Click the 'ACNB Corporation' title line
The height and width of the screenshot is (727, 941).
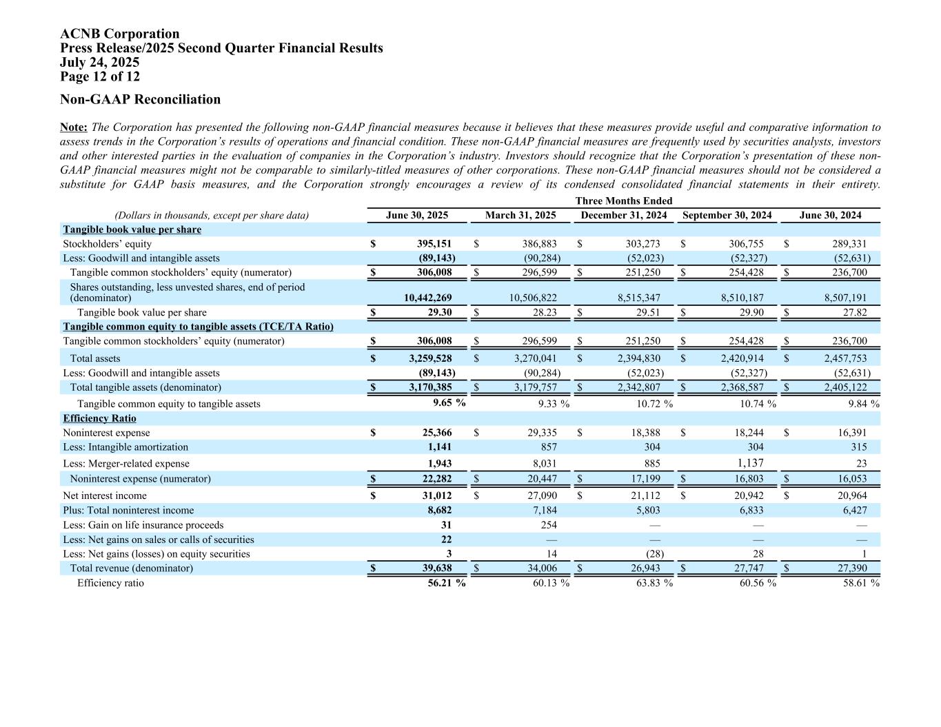[x=119, y=34]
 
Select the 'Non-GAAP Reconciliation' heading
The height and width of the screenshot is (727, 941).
[x=140, y=99]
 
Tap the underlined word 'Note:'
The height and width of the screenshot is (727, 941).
[x=73, y=127]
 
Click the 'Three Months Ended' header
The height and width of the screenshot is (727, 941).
[x=623, y=201]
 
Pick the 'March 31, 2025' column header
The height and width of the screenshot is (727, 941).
[x=520, y=216]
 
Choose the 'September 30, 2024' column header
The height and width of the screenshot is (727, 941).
[x=727, y=216]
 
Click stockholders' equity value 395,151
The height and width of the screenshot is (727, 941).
[x=434, y=244]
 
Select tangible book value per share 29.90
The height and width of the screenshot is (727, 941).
[x=750, y=313]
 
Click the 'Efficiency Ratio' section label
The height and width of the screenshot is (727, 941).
[x=99, y=418]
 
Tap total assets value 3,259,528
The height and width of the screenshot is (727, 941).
[x=429, y=358]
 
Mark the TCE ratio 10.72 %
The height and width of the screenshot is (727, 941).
[x=654, y=404]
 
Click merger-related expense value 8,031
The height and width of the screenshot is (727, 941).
[x=544, y=464]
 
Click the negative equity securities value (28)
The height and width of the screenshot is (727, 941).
[x=651, y=554]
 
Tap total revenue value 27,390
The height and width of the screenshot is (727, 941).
[x=851, y=569]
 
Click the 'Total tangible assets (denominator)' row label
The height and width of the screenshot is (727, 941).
[x=145, y=387]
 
